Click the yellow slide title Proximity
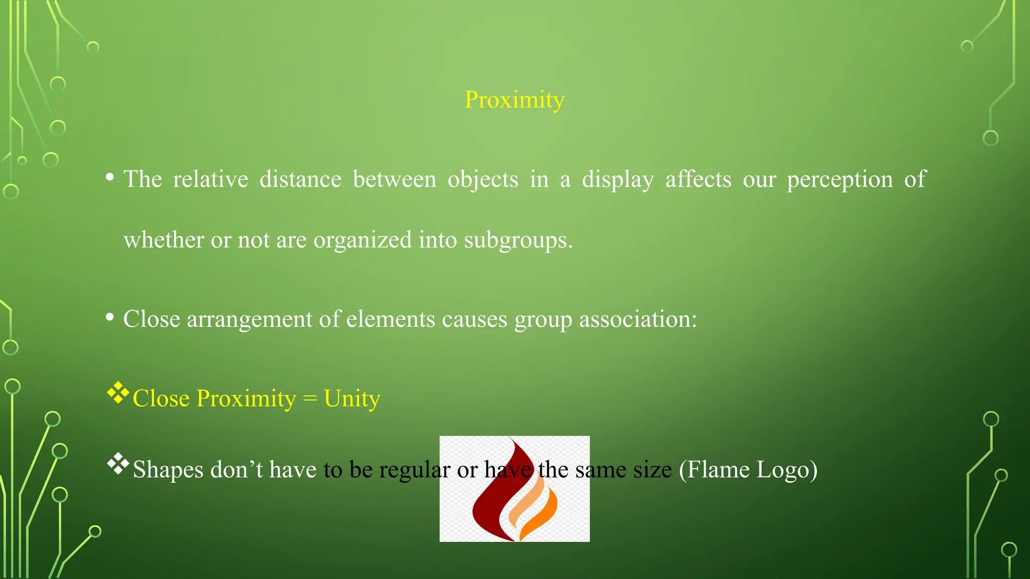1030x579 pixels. point(514,100)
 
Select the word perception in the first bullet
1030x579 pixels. point(839,180)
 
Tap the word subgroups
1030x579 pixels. point(518,240)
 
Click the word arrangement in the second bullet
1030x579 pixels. point(262,320)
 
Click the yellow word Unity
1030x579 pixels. point(352,399)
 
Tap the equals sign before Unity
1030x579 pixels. point(310,399)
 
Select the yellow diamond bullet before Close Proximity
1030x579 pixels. point(118,393)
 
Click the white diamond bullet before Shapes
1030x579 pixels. point(118,464)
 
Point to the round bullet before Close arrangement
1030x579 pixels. point(110,317)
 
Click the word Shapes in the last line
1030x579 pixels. point(168,470)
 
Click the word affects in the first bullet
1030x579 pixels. point(698,179)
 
